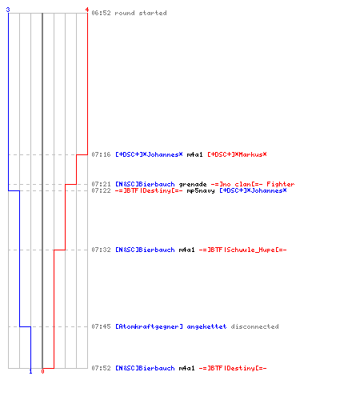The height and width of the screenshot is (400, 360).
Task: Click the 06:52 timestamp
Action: point(101,13)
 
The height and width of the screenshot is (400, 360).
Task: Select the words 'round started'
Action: point(141,13)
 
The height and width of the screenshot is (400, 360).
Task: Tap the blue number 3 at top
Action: point(8,10)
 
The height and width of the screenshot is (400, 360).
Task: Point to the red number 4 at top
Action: point(87,10)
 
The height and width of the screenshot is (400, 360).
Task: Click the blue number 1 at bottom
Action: point(30,371)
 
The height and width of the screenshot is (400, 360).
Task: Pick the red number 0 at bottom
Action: point(42,371)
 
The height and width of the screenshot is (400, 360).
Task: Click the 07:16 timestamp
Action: point(101,154)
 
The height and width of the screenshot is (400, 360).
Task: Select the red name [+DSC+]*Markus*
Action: point(237,154)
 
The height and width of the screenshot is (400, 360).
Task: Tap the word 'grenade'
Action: point(193,184)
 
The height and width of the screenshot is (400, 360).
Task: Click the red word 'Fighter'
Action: point(281,184)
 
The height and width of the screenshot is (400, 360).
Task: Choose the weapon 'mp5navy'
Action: point(201,190)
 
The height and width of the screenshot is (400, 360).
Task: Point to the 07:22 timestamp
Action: point(101,190)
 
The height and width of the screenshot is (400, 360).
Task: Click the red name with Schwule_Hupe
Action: point(242,250)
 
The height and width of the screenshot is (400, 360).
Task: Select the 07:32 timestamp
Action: point(101,250)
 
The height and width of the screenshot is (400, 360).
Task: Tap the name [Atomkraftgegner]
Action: point(149,326)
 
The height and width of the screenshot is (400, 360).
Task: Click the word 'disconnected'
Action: point(254,326)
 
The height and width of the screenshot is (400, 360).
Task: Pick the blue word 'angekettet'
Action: point(206,326)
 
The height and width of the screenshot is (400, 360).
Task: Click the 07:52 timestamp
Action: point(101,368)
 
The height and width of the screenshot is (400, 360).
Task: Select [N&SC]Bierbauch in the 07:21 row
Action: point(145,184)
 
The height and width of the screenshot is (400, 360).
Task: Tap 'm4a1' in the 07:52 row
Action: point(186,368)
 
